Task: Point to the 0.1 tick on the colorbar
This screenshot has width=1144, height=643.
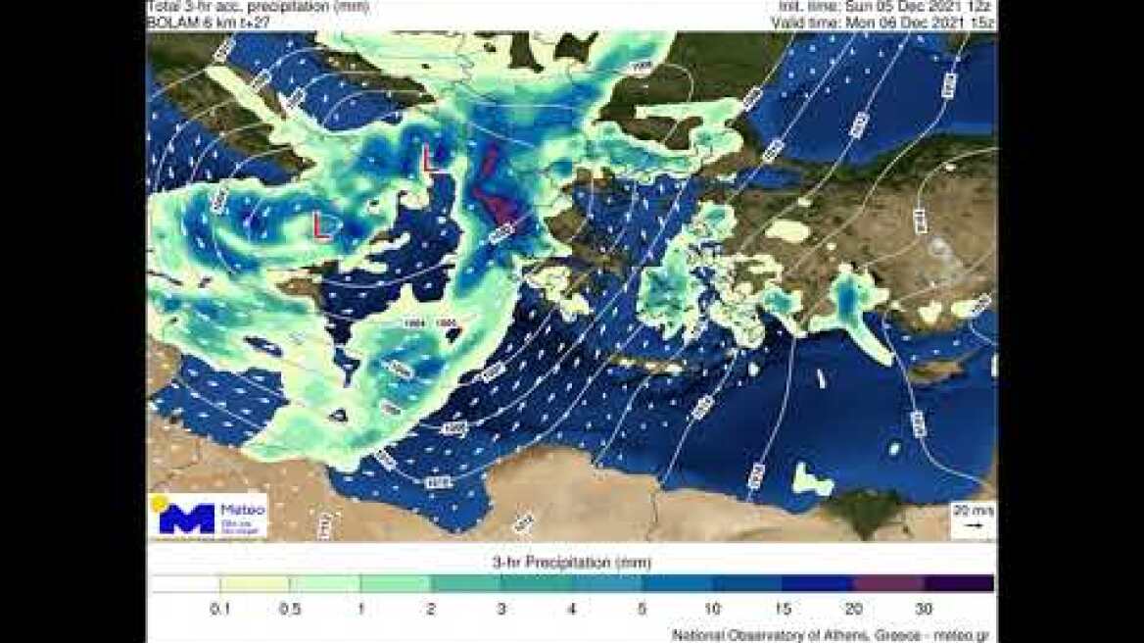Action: click(x=220, y=609)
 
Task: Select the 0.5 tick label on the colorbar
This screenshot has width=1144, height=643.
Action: click(x=290, y=609)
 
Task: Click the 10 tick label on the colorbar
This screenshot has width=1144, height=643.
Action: click(x=712, y=609)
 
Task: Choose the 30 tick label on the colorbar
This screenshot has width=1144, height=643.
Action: click(x=924, y=609)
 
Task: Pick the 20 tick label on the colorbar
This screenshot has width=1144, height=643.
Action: click(x=853, y=609)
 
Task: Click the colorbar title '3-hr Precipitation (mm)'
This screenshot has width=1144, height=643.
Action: click(x=571, y=563)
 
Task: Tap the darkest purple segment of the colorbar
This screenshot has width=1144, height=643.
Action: click(x=958, y=584)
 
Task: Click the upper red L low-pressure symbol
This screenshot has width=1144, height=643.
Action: click(x=430, y=160)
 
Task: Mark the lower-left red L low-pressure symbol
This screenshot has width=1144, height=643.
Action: click(x=321, y=224)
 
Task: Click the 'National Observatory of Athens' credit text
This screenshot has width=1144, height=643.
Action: click(x=830, y=635)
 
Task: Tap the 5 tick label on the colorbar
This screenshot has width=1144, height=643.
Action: click(x=642, y=609)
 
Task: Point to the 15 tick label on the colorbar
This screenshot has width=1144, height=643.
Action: click(x=783, y=609)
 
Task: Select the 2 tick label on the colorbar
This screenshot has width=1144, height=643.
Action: click(x=431, y=609)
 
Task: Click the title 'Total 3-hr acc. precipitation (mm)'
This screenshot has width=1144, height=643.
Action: click(x=257, y=6)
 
